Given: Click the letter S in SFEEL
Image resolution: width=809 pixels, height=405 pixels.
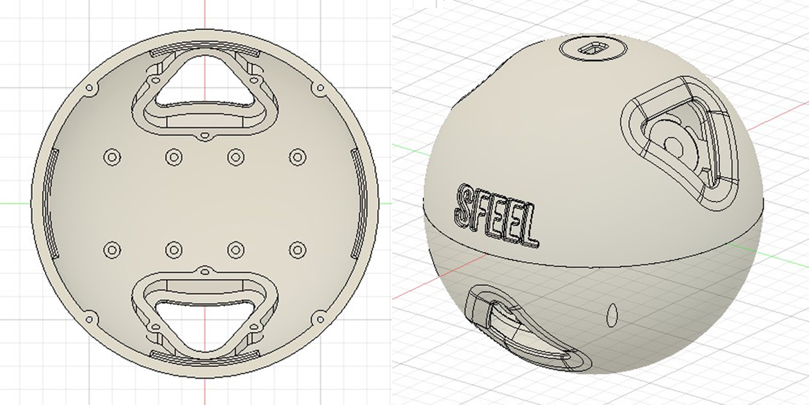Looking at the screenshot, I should point(464,206).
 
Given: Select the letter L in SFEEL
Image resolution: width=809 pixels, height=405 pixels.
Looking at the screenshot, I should point(529,231).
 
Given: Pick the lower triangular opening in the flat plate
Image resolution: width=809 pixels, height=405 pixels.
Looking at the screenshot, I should point(204,324).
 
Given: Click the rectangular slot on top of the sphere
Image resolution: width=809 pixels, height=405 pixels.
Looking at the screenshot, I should point(591,49).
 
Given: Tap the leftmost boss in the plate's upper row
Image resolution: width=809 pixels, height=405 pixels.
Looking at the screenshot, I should point(112,157).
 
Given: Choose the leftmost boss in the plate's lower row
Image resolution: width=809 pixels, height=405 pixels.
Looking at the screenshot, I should point(112,250).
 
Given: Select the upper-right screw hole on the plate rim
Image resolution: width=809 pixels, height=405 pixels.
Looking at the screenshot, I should point(320,88).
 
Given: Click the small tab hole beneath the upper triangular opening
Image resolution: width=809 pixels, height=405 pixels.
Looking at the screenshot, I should point(204,134).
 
